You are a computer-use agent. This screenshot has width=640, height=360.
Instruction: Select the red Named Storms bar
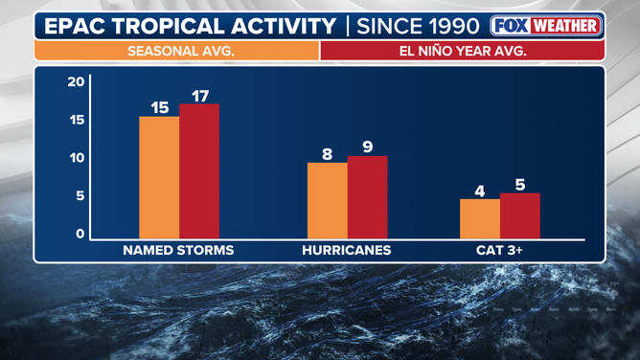pos(199,171)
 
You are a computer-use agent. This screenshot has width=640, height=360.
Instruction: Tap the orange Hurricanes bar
pos(327,200)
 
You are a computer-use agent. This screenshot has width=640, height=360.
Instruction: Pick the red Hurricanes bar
pos(367,197)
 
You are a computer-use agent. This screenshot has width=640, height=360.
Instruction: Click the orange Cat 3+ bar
pos(479,218)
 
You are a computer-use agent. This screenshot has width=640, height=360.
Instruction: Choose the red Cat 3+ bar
pos(519,215)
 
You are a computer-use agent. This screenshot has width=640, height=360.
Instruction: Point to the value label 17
pos(199,95)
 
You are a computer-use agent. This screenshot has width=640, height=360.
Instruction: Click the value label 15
pos(160,107)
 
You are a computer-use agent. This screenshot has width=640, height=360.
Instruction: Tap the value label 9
pos(367,147)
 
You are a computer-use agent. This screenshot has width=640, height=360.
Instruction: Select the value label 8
pos(327,153)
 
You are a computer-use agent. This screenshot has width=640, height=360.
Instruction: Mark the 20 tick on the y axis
pos(77,82)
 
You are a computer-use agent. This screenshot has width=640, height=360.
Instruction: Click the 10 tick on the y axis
pos(77,158)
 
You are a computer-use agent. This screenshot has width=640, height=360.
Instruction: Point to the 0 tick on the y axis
pos(80,234)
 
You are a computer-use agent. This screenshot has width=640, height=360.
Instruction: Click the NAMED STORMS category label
pos(178,251)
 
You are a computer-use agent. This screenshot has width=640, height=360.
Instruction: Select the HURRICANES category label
pos(347,251)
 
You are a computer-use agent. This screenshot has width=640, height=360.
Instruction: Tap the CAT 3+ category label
pos(500,251)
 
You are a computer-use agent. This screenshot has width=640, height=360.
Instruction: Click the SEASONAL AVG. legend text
pos(176,51)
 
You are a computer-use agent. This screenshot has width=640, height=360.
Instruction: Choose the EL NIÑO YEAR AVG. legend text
pos(462,51)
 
